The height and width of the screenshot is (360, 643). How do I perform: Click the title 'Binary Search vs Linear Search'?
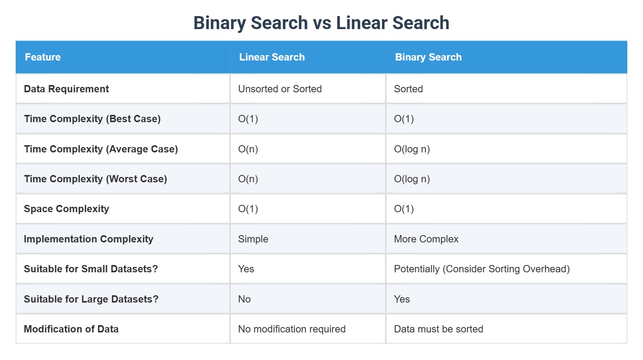(x=321, y=23)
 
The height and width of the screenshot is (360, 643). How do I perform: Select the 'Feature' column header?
(x=43, y=57)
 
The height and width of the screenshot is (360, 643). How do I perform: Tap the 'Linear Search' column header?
(x=272, y=57)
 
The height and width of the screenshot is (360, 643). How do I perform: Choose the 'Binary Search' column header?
(x=428, y=57)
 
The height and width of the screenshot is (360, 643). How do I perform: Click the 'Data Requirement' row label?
(x=66, y=89)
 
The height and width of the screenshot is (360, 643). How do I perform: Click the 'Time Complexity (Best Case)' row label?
(x=92, y=119)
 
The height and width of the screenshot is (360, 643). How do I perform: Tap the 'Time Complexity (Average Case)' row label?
(x=101, y=149)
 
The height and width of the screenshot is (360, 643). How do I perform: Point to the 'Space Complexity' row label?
(x=66, y=209)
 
